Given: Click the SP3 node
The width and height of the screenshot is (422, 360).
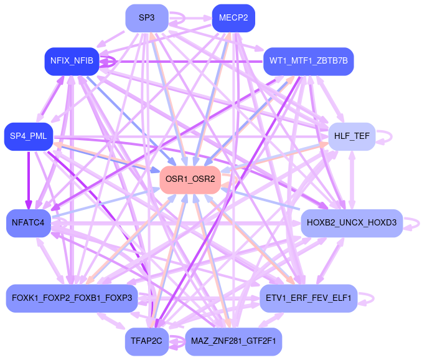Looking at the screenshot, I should [x=147, y=17].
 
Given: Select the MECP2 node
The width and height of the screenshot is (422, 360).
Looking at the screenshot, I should [x=233, y=17].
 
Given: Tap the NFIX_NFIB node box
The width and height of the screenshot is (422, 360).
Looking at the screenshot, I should [x=72, y=60].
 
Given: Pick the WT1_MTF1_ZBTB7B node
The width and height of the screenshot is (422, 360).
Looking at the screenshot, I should [x=309, y=60].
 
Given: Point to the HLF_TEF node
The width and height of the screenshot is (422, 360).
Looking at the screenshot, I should [x=351, y=136].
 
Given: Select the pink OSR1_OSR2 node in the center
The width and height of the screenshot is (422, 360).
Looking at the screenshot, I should [x=190, y=179].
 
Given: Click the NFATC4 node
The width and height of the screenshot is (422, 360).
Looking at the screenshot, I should [x=29, y=222].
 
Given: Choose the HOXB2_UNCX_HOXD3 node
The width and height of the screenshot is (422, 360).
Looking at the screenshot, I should [x=352, y=222].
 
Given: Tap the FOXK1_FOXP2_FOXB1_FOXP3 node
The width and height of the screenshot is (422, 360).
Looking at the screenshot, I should [x=72, y=298].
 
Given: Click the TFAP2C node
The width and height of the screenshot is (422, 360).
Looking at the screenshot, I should [x=147, y=341].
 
